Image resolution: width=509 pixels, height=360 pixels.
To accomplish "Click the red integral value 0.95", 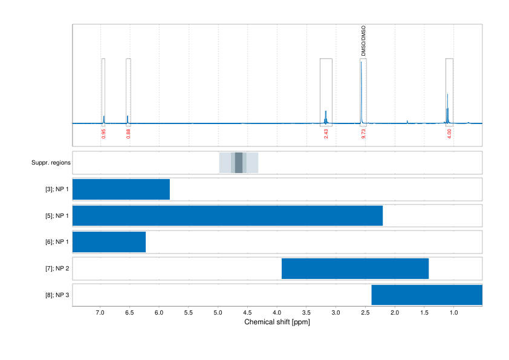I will click(104, 134).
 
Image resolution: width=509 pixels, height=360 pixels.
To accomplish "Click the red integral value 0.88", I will click(128, 134).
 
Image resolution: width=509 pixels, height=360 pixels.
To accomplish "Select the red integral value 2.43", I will click(326, 134).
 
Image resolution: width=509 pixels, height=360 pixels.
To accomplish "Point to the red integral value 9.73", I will click(364, 134).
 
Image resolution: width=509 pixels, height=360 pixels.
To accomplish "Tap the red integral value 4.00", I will click(449, 134).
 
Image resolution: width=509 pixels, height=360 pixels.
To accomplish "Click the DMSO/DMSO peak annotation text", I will click(363, 41).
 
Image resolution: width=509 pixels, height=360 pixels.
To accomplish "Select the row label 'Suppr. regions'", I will click(51, 163).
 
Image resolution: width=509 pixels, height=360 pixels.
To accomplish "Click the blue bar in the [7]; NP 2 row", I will click(355, 268).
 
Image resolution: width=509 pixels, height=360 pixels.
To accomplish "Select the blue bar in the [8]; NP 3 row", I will click(426, 295).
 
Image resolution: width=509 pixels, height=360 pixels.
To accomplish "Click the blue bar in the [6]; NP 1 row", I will click(109, 242).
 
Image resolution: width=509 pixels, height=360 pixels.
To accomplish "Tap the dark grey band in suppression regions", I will click(238, 163).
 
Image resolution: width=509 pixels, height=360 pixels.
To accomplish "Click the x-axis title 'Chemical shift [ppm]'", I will click(277, 322).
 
